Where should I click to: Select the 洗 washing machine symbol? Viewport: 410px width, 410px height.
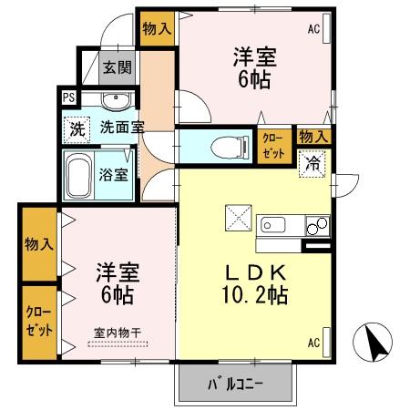tap(77, 128)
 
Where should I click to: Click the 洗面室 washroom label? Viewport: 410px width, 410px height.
tap(122, 128)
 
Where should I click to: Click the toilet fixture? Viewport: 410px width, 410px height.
tap(222, 145)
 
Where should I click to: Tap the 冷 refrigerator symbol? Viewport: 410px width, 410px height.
tap(313, 164)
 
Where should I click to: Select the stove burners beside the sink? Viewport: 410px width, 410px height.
tap(316, 224)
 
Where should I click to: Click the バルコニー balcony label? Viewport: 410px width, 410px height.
tap(236, 383)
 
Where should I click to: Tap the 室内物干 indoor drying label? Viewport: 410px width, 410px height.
tap(118, 333)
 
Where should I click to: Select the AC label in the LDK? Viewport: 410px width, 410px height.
tap(313, 343)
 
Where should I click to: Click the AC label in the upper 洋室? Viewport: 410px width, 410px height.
tap(313, 29)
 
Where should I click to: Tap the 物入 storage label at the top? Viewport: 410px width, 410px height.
tap(157, 28)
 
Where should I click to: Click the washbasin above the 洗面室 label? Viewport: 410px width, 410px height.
tap(114, 101)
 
